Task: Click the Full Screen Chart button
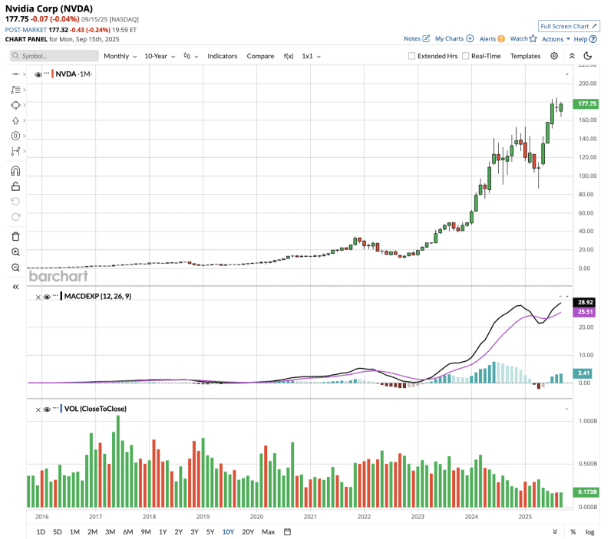[x=569, y=25]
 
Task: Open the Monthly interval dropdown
[x=120, y=56]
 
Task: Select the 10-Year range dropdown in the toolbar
[x=160, y=56]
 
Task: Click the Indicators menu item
[x=223, y=56]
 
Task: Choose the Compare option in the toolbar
[x=260, y=56]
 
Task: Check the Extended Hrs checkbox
[x=412, y=56]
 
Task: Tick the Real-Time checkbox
[x=466, y=56]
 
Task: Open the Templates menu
[x=525, y=56]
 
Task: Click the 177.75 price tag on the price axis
[x=588, y=104]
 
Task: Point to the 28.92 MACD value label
[x=588, y=303]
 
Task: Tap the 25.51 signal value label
[x=588, y=312]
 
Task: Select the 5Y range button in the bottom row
[x=210, y=531]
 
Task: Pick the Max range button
[x=268, y=531]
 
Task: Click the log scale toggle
[x=590, y=531]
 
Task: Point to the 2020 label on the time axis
[x=256, y=518]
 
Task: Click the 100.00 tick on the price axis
[x=588, y=176]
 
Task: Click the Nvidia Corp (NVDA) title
[x=49, y=8]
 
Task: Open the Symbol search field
[x=54, y=56]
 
